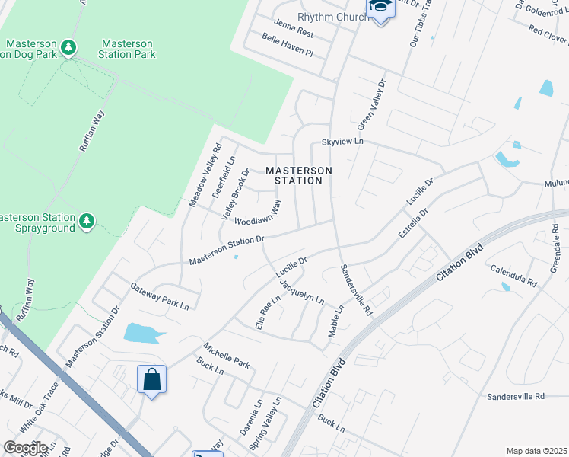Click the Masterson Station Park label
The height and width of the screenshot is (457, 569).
click(x=127, y=50)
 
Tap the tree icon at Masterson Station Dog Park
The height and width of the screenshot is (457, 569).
click(x=69, y=48)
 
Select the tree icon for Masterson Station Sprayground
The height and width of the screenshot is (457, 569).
click(x=87, y=222)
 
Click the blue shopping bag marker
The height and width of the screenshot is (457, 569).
click(x=151, y=379)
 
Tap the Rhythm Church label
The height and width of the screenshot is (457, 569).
click(x=328, y=17)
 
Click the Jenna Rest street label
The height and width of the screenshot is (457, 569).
click(x=294, y=29)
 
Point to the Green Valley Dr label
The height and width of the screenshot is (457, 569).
click(x=372, y=107)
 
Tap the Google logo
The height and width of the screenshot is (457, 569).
click(x=25, y=448)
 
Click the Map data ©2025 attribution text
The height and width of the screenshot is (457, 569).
click(x=536, y=451)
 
